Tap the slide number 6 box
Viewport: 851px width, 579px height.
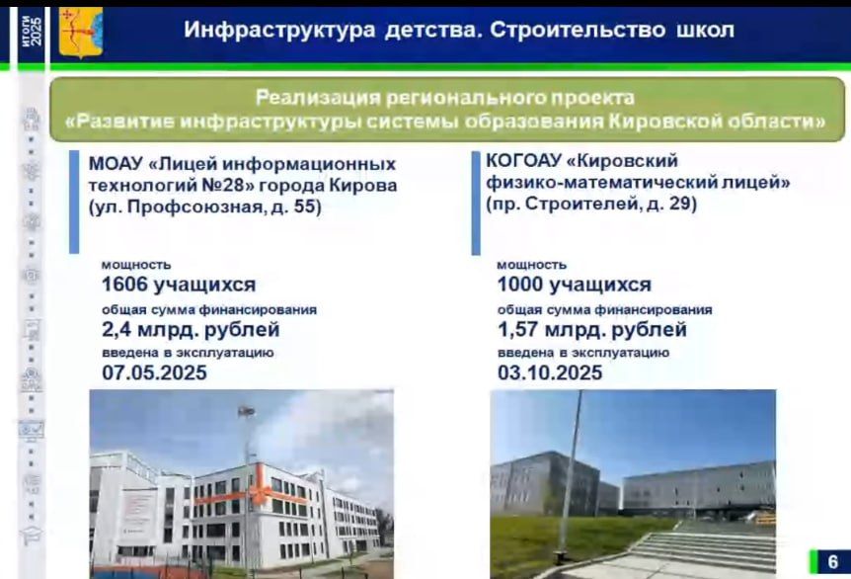pos(829,561)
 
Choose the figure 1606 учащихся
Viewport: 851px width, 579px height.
pos(179,285)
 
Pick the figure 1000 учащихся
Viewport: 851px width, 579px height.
pos(574,285)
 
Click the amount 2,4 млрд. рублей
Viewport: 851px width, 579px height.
pos(191,329)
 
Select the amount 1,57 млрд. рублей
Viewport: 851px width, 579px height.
pos(591,329)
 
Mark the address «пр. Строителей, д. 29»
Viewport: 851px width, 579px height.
pos(591,205)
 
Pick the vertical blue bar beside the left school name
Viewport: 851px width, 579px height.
pos(74,202)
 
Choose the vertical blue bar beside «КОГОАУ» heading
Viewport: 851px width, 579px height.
pos(476,202)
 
